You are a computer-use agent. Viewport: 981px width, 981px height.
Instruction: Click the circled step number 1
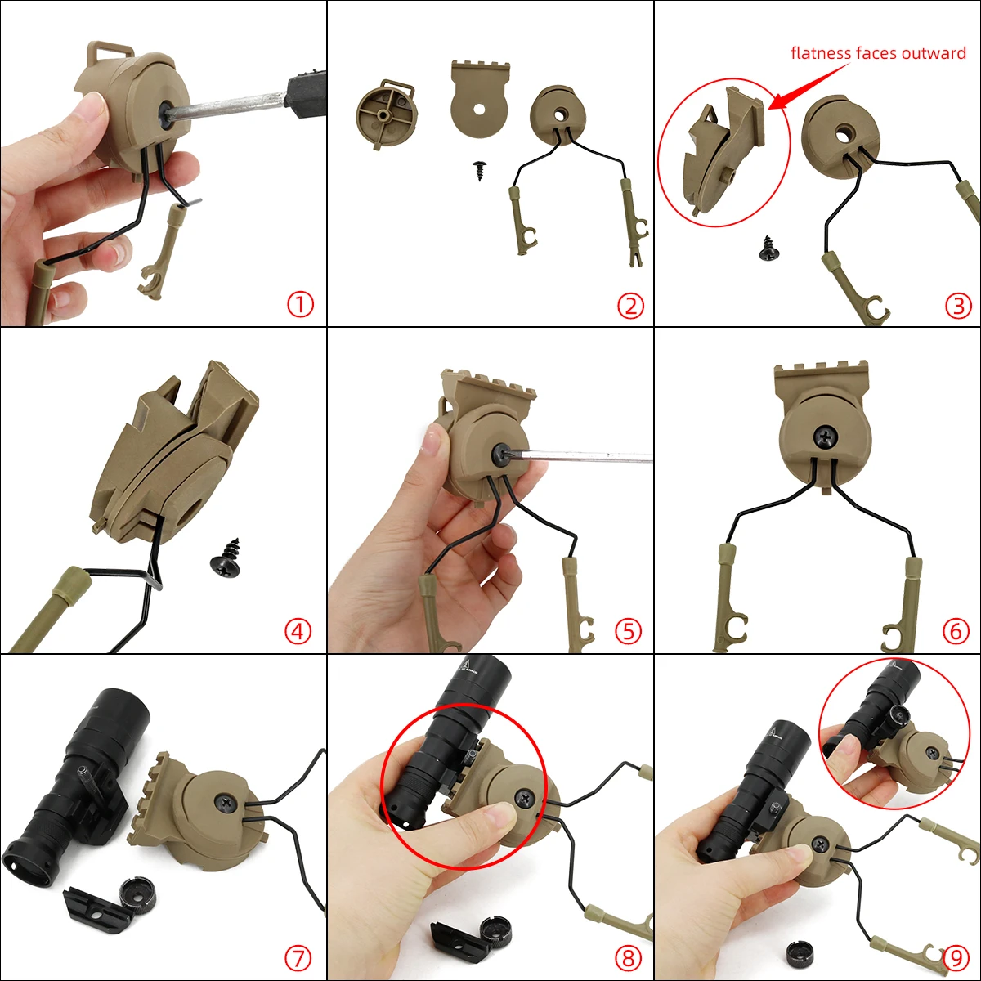coord(300,305)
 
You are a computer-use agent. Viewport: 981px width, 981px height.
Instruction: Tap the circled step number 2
coord(630,306)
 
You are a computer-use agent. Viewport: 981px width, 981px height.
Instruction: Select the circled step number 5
coord(628,631)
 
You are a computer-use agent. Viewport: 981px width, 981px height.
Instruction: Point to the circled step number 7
coord(298,957)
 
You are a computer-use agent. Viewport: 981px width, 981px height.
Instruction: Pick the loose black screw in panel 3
coord(768,249)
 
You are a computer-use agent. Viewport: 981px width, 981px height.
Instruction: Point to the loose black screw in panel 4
coord(226,560)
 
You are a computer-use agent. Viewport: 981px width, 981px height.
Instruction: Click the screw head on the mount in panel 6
coord(824,438)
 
